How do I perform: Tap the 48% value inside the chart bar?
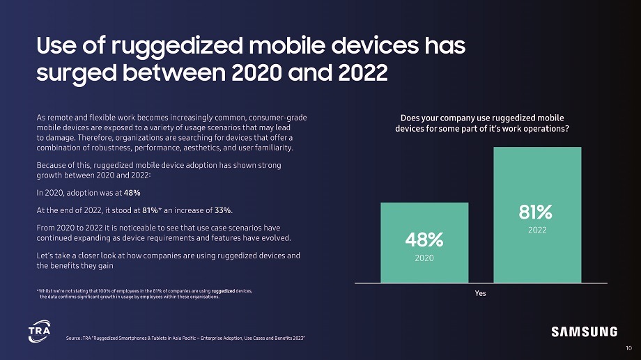point(424,240)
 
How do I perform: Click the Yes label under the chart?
point(480,293)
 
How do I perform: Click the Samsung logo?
point(585,331)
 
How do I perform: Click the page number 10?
point(631,347)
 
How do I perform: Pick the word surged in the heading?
point(70,72)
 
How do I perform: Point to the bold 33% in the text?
point(223,211)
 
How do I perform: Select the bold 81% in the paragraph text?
point(150,211)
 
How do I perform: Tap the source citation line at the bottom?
point(185,338)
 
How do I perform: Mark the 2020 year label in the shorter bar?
point(424,258)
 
